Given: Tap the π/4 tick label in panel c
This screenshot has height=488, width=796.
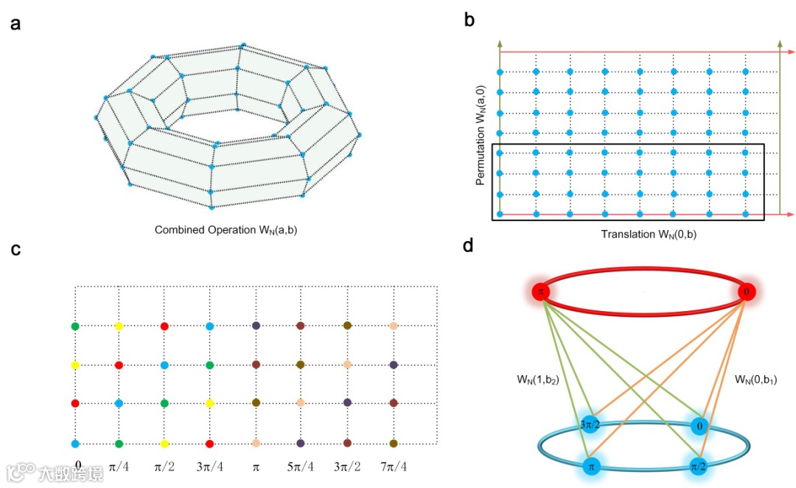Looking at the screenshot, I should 119,467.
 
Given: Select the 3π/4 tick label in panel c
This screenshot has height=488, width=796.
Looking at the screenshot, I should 209,467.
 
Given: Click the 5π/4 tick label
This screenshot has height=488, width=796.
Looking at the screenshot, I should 301,467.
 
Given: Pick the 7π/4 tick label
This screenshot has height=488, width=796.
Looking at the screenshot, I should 393,467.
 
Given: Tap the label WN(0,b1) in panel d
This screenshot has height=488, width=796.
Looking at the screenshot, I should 757,380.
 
